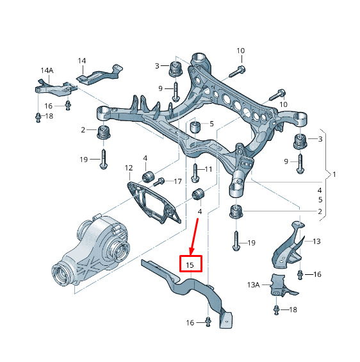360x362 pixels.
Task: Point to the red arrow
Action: coord(194,236)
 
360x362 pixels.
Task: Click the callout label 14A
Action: coord(47,70)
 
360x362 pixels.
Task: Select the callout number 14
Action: coord(82,61)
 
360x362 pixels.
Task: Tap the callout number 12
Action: coord(129,168)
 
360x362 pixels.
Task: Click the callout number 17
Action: coord(177,181)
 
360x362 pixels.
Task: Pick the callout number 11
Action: coord(208,169)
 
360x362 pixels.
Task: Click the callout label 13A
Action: coord(254,285)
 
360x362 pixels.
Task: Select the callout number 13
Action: coord(316,242)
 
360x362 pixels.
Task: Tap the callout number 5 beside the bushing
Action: coord(211,124)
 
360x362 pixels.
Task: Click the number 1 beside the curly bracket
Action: coord(334,174)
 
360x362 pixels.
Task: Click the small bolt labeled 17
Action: coord(159,182)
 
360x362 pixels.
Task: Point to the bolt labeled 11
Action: coord(195,173)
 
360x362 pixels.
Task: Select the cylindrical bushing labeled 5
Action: coord(195,127)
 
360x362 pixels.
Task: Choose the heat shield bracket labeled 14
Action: coord(99,74)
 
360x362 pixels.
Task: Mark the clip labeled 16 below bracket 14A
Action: coord(68,106)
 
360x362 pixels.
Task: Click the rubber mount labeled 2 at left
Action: coord(103,132)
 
